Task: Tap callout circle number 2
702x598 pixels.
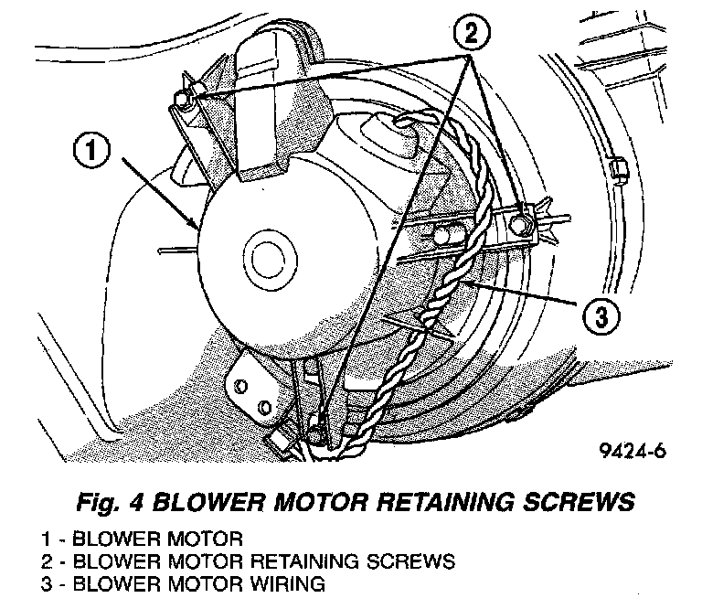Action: point(469,34)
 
